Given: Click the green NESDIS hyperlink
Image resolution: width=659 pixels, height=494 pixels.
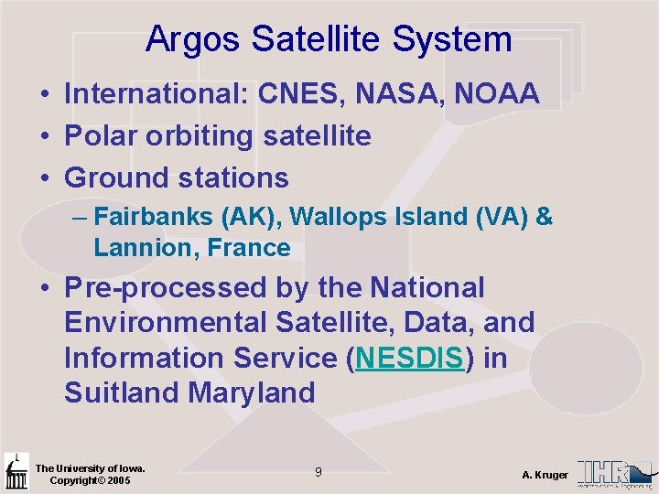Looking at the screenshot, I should [x=410, y=358].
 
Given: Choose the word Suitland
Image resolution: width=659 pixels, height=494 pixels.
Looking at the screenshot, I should [x=122, y=392].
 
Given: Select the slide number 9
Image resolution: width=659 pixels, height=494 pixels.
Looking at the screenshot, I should [x=318, y=472].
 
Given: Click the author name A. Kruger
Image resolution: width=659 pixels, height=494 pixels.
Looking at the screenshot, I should [x=545, y=475].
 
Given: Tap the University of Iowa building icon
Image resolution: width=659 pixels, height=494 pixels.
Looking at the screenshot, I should [x=16, y=472].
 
